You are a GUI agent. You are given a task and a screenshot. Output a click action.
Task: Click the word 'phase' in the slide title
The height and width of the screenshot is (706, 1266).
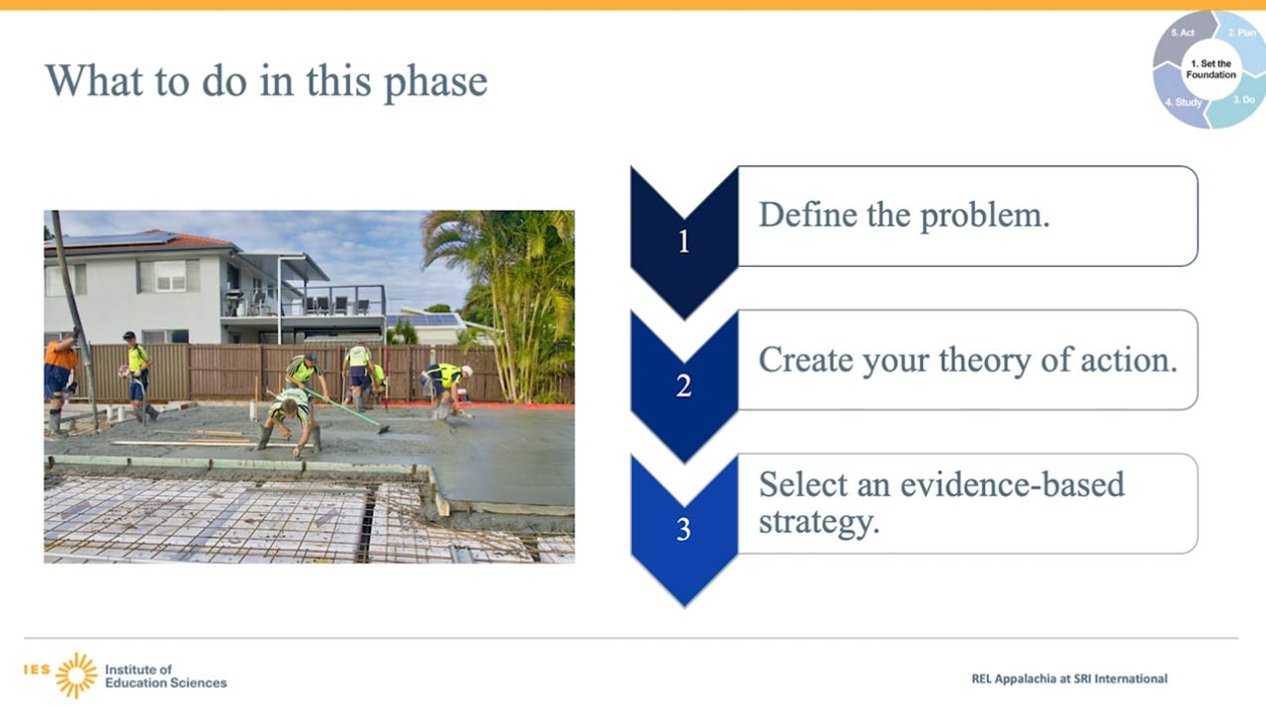click(435, 82)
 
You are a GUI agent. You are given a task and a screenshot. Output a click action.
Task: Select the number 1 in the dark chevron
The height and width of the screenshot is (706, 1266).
click(683, 241)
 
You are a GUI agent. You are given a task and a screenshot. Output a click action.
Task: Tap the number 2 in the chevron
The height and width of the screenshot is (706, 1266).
click(683, 386)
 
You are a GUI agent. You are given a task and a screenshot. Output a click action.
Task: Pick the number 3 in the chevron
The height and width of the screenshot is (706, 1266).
click(683, 530)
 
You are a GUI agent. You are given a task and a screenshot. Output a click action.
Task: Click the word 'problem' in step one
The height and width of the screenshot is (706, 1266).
click(985, 216)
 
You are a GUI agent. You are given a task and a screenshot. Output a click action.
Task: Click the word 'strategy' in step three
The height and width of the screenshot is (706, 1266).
click(819, 522)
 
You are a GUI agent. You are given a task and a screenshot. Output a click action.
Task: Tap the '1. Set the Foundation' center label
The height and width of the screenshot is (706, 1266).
click(1211, 69)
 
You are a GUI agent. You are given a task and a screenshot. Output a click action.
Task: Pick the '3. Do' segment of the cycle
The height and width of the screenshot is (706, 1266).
click(1239, 102)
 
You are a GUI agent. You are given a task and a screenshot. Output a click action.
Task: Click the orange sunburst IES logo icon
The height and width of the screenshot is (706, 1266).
click(76, 675)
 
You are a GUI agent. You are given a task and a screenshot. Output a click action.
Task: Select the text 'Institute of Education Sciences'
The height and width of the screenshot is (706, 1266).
click(165, 676)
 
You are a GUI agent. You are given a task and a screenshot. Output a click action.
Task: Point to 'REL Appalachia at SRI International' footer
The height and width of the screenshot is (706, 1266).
click(1069, 678)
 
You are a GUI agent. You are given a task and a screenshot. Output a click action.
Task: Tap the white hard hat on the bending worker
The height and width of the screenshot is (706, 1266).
click(467, 371)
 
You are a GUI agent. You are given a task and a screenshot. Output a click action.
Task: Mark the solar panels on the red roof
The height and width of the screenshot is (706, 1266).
click(116, 239)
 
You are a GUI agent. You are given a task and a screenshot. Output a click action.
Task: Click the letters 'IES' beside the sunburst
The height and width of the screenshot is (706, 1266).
click(37, 669)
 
